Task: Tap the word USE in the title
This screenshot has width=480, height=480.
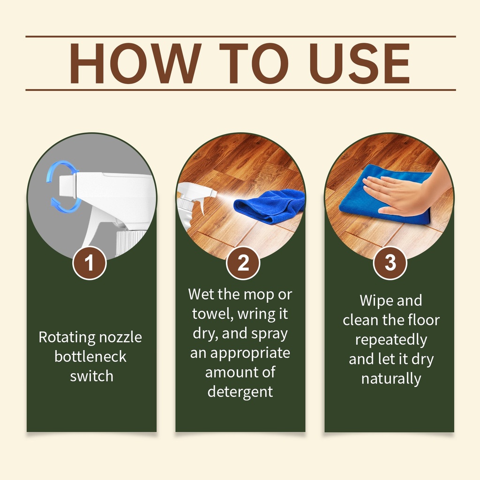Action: pos(360,63)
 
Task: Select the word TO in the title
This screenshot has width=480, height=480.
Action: pos(254,63)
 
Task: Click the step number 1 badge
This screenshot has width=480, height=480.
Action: pos(90,263)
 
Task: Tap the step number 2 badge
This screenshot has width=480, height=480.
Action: pos(243,263)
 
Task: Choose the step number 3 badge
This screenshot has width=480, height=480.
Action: pos(390,263)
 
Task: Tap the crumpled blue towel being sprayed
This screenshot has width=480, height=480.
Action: pos(270,205)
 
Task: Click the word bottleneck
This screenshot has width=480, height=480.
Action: pos(90,357)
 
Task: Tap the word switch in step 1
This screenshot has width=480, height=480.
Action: pos(91,376)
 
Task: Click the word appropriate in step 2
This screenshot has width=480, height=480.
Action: pos(250,353)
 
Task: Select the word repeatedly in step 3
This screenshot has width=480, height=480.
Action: pos(391,340)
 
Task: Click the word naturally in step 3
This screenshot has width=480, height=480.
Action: pos(391,379)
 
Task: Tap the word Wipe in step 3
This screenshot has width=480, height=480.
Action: pos(375,300)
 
